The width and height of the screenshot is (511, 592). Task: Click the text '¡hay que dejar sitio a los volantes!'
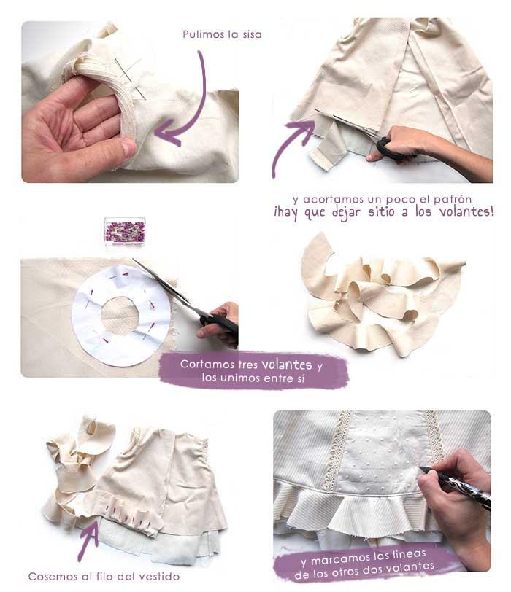(x=384, y=212)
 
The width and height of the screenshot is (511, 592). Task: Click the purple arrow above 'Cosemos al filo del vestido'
(x=89, y=537)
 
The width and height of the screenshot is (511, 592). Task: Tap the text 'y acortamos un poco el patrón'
(x=382, y=199)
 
